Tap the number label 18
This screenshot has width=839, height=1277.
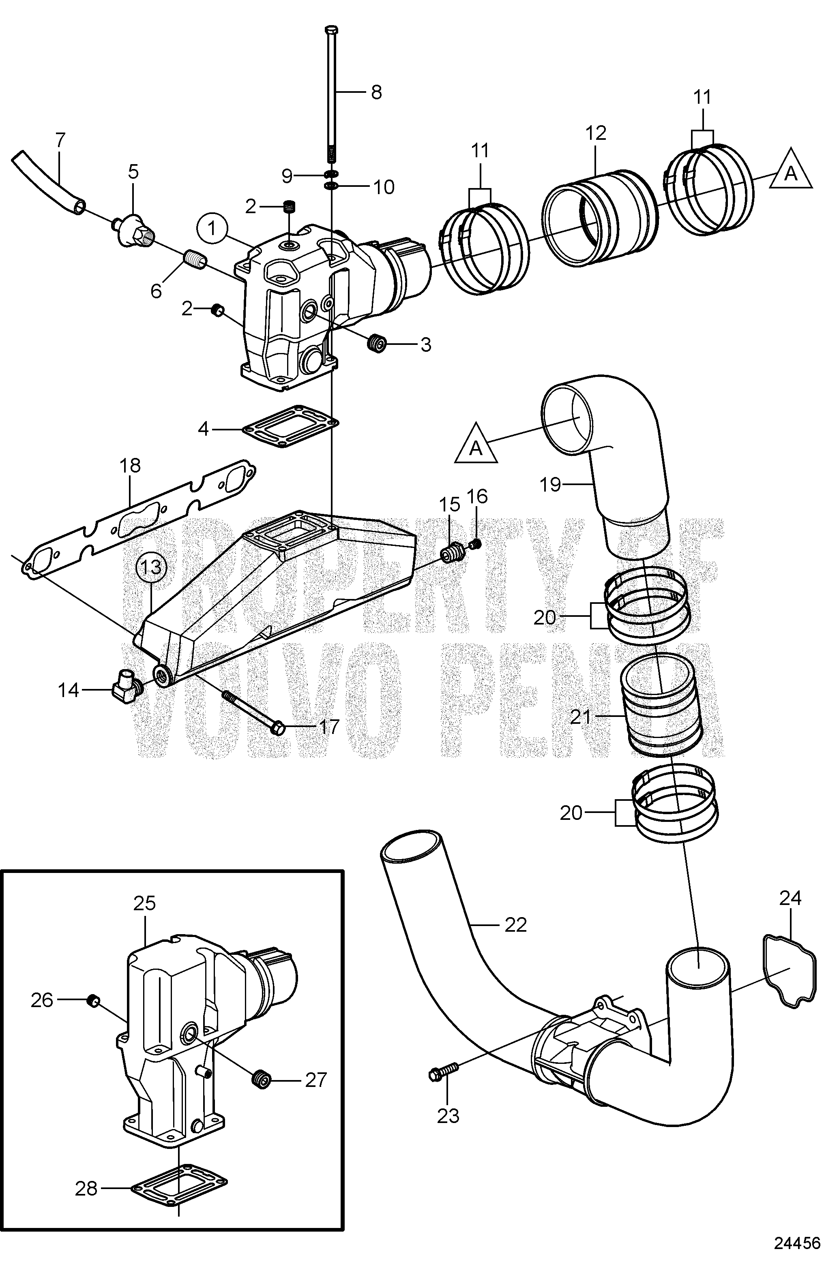130,465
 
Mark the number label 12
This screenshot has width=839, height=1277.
596,133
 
